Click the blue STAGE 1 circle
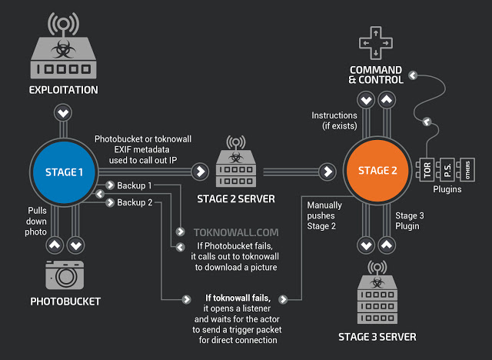click(x=65, y=172)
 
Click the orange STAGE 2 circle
click(x=378, y=171)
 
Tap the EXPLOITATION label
click(x=64, y=90)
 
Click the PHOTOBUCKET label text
click(x=65, y=301)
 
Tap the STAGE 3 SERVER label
click(x=377, y=336)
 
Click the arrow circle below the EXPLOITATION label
click(x=64, y=113)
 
